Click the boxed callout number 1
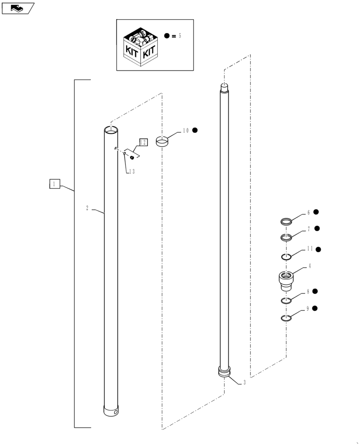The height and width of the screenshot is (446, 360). coord(53,184)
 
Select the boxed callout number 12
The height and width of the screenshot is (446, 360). coord(143,142)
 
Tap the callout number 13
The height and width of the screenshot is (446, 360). coord(132,171)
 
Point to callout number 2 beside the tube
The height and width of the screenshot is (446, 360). coord(87,208)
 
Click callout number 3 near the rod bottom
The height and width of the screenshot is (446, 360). coord(244,382)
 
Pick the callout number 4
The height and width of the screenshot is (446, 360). coord(310,266)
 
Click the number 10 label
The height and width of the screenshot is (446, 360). coord(185,131)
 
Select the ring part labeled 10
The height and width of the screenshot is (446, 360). coord(163,141)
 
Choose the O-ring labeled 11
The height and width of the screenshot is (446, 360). coord(287,256)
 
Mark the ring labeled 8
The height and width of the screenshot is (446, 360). coord(286,301)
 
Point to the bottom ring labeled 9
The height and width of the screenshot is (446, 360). coord(286,318)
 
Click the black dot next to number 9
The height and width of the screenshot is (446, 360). coord(315,308)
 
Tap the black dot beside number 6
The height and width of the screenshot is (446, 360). coord(316,212)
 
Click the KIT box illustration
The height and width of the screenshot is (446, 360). coord(140,47)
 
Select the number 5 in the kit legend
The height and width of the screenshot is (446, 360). coord(180,36)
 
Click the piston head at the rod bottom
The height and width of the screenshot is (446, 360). coord(225,372)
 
